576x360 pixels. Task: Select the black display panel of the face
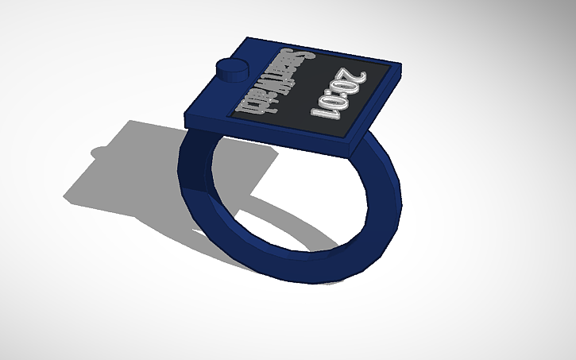pos(318,95)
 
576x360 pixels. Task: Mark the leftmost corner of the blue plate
pos(184,111)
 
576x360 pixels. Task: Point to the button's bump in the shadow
pos(102,151)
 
